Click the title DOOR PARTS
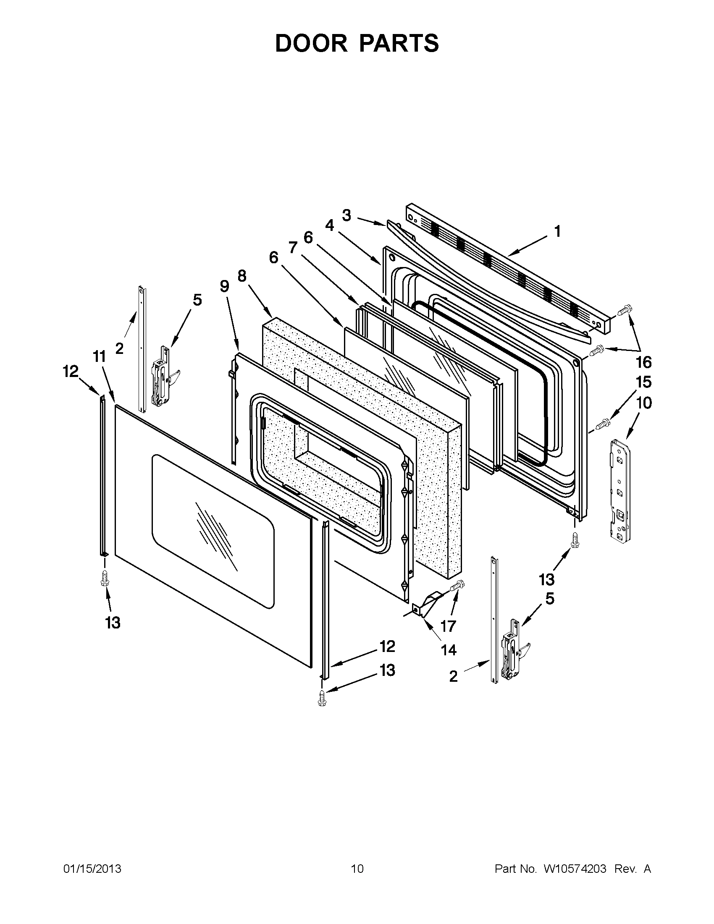(357, 43)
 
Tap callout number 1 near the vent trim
(558, 231)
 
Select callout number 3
(346, 215)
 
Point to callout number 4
(330, 226)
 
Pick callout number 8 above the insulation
(241, 276)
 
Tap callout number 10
(644, 403)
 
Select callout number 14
(449, 650)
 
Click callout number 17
(448, 626)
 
